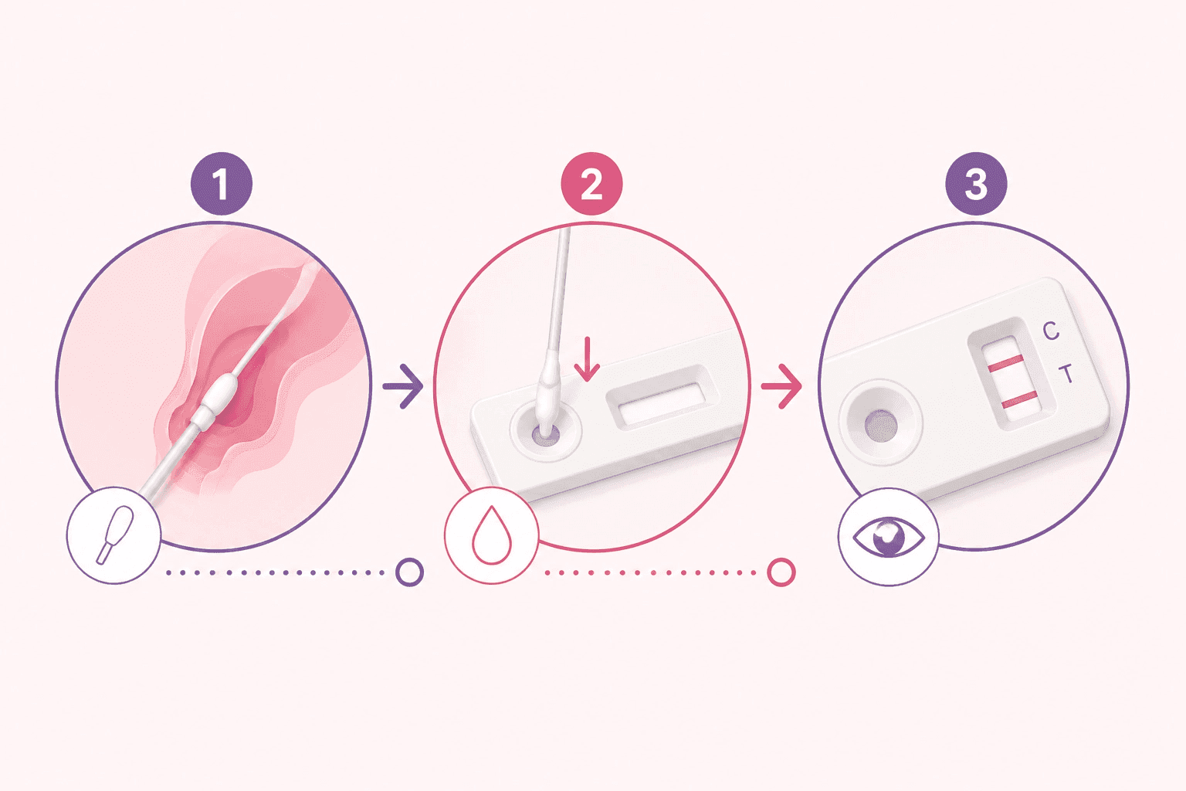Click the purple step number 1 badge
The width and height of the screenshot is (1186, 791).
click(x=222, y=183)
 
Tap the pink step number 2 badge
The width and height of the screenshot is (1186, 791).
click(x=591, y=183)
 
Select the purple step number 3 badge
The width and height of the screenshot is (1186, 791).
click(x=976, y=183)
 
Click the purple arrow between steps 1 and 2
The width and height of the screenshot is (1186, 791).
click(x=403, y=386)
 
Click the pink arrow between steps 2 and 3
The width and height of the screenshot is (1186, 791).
click(x=781, y=386)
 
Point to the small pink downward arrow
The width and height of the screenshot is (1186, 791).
click(x=587, y=358)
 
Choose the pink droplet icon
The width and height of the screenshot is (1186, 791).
click(x=492, y=535)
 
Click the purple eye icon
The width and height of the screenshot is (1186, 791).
click(x=889, y=537)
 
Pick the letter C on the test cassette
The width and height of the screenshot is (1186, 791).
click(x=1050, y=331)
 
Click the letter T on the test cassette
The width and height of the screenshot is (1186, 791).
click(x=1066, y=374)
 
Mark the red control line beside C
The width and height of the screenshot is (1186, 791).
click(x=1005, y=364)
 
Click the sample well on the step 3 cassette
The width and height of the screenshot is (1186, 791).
click(x=881, y=426)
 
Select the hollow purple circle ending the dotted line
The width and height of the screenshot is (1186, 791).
click(x=410, y=572)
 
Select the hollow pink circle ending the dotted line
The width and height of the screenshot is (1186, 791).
click(x=781, y=572)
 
